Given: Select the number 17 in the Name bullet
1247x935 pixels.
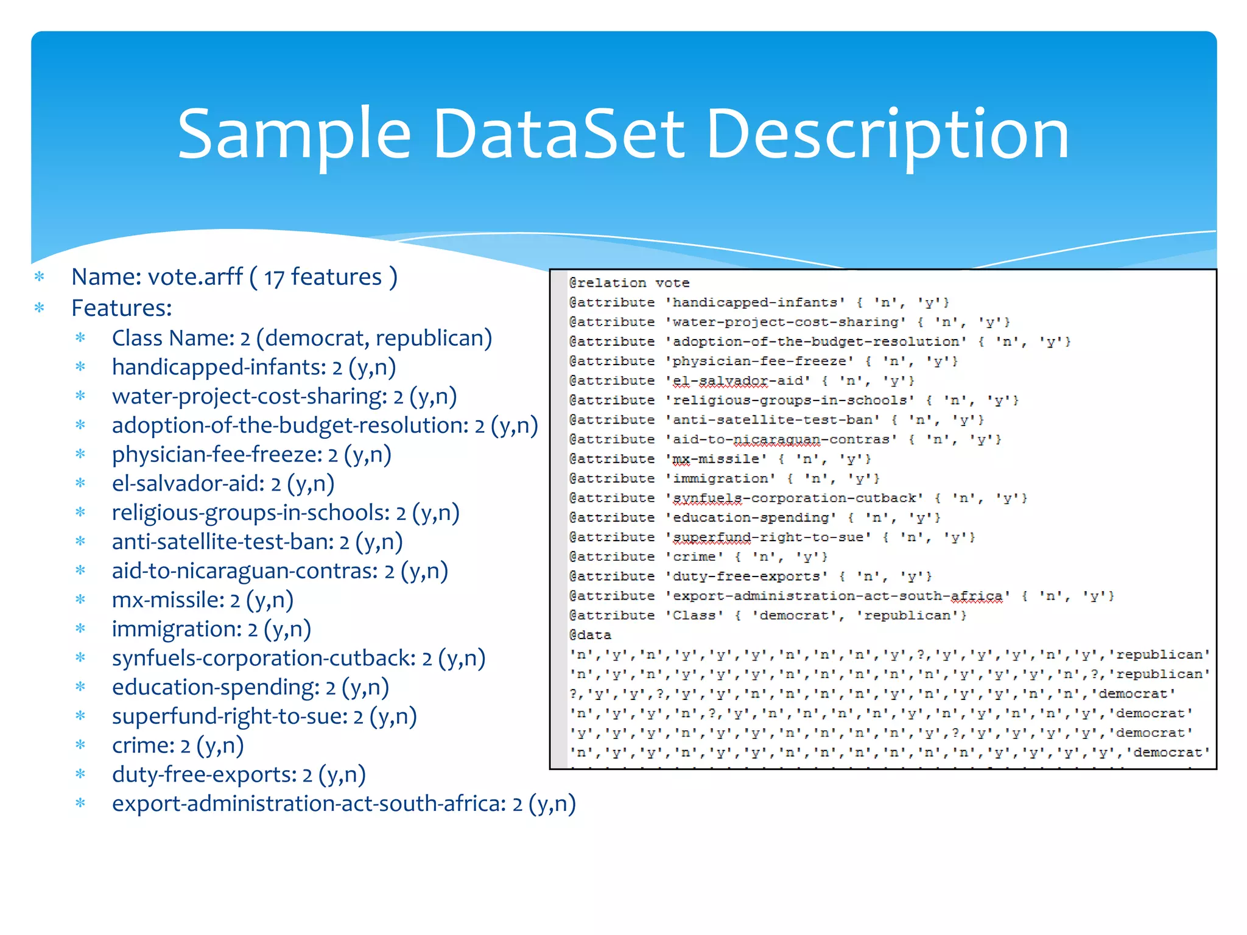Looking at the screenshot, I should point(274,278).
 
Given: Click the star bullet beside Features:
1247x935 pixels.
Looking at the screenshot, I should point(40,308).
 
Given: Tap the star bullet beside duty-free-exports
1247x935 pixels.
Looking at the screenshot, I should point(80,774).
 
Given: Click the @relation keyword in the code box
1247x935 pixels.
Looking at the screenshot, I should point(607,283).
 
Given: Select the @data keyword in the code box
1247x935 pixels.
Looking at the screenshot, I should point(589,635).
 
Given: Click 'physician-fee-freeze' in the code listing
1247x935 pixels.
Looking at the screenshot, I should point(760,362).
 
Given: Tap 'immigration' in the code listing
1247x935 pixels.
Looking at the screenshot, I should point(721,478).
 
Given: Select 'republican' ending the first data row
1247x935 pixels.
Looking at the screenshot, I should point(1159,655).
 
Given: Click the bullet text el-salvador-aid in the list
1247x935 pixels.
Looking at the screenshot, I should point(188,484).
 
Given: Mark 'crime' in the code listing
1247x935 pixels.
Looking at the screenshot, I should point(694,557).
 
